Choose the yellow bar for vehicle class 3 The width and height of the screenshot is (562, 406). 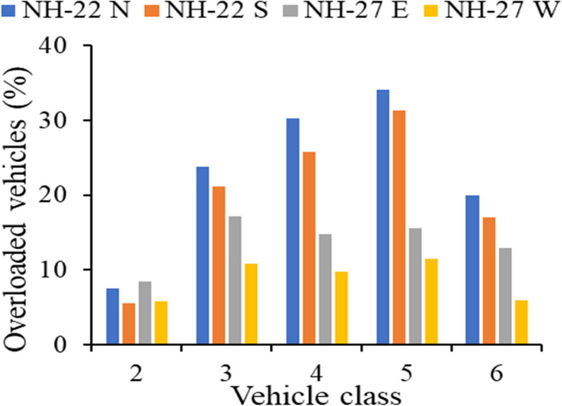click(251, 304)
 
